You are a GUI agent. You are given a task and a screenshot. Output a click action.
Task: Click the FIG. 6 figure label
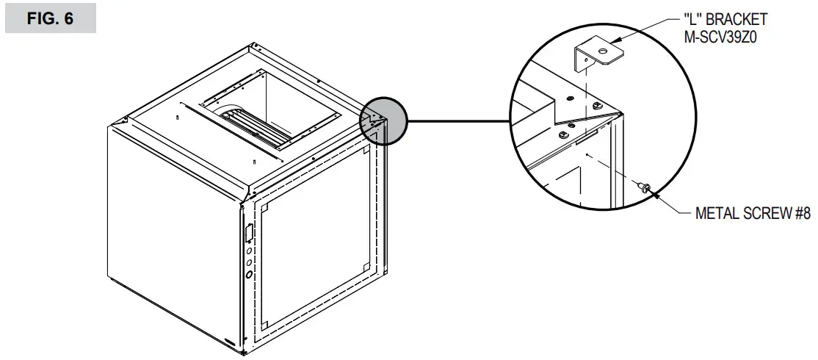coord(50,19)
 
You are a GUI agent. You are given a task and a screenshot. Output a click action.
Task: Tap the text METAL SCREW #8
coord(752,215)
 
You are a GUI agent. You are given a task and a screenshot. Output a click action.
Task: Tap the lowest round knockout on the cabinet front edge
coord(248,274)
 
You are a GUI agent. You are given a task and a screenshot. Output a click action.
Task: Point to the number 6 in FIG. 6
coord(68,19)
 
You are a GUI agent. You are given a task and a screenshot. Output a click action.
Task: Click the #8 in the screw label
coord(800,215)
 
